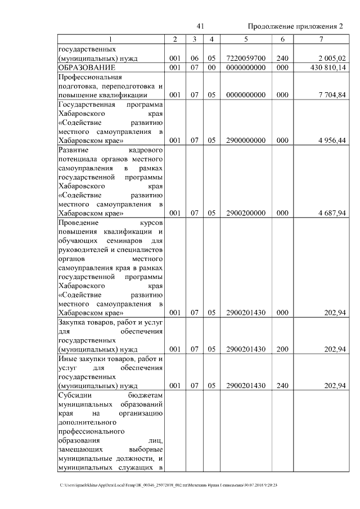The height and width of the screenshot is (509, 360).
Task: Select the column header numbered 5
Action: click(x=246, y=39)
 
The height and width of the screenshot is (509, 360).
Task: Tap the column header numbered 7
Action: click(x=321, y=39)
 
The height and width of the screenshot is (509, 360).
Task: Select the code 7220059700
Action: click(x=246, y=58)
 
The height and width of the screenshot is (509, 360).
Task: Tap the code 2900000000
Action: click(x=246, y=141)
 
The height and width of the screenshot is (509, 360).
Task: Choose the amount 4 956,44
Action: click(x=330, y=141)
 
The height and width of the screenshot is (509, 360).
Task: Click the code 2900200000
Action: click(x=246, y=213)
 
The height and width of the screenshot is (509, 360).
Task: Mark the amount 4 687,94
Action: click(x=330, y=213)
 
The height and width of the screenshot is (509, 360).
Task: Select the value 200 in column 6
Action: click(x=282, y=350)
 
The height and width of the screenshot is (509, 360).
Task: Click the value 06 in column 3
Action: click(x=193, y=58)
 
